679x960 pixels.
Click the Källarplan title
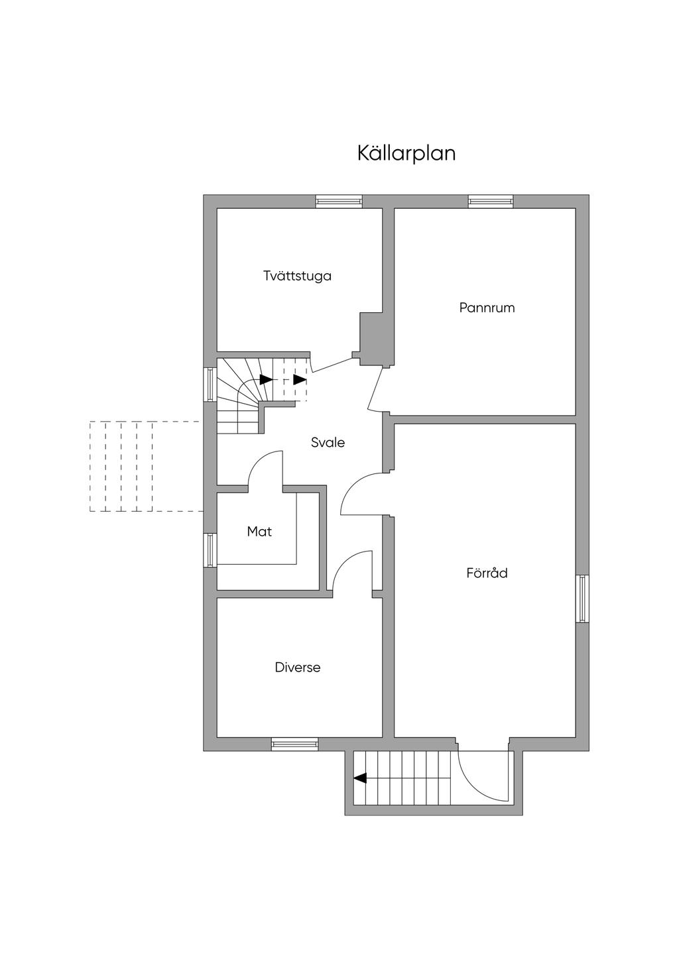[x=406, y=153]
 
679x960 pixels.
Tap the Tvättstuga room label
[x=297, y=276]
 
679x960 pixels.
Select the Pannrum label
[x=487, y=308]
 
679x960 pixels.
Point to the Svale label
[x=328, y=442]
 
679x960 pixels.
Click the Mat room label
[x=259, y=531]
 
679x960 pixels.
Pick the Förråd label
[x=487, y=573]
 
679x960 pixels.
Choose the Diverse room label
[x=298, y=667]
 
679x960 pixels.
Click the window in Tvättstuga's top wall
[x=339, y=201]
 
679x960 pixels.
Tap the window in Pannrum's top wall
[x=491, y=201]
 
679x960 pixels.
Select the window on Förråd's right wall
[x=582, y=599]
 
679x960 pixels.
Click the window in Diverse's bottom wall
[x=294, y=745]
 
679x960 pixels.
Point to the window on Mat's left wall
[x=210, y=550]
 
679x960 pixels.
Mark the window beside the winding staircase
[x=210, y=385]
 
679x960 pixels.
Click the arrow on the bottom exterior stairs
[x=360, y=778]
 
